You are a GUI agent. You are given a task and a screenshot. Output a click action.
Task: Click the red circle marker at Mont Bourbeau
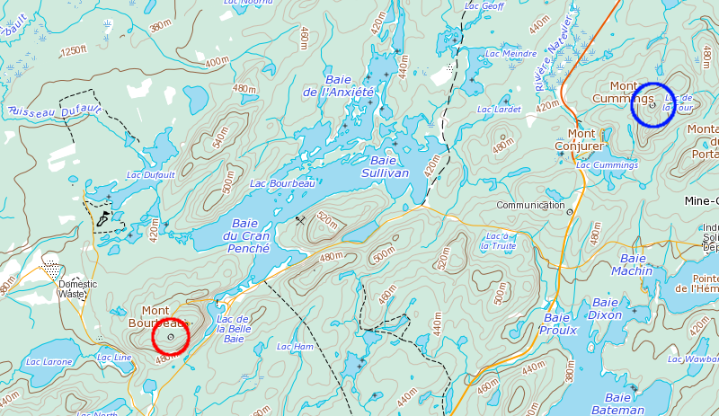pos(171,338)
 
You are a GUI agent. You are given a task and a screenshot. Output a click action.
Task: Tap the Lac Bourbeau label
pos(282,183)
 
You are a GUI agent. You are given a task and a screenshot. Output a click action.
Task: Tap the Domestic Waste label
pos(78,288)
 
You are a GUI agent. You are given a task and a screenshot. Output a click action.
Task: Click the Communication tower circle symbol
pos(569,211)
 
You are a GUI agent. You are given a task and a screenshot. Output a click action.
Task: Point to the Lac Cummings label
pos(607,165)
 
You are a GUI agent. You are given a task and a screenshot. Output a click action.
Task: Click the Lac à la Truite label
pos(498,240)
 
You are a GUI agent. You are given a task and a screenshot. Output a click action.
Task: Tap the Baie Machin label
pos(632,264)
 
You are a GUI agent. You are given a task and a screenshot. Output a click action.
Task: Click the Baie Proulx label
pos(557,323)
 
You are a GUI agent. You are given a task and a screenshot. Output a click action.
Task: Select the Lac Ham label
pos(295,346)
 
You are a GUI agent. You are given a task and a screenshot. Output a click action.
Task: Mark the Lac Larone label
pos(49,361)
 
